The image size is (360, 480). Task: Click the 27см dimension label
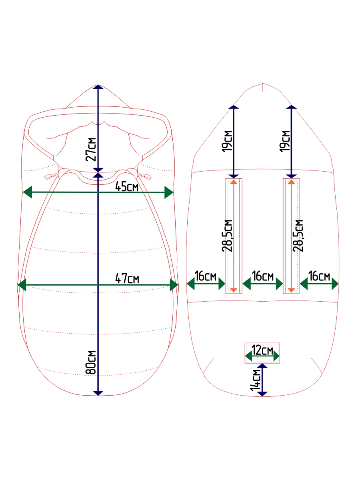pos(91,149)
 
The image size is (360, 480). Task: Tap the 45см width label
pos(127,187)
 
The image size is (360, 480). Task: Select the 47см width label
pos(127,279)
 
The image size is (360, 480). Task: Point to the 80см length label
pos(91,362)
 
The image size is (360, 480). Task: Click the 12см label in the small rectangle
pos(262,350)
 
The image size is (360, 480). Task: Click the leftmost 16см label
pos(205,276)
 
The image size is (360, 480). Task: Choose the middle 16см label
pos(263,276)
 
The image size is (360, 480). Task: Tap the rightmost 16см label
pos(319,276)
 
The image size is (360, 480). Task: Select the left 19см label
pos(227,141)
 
